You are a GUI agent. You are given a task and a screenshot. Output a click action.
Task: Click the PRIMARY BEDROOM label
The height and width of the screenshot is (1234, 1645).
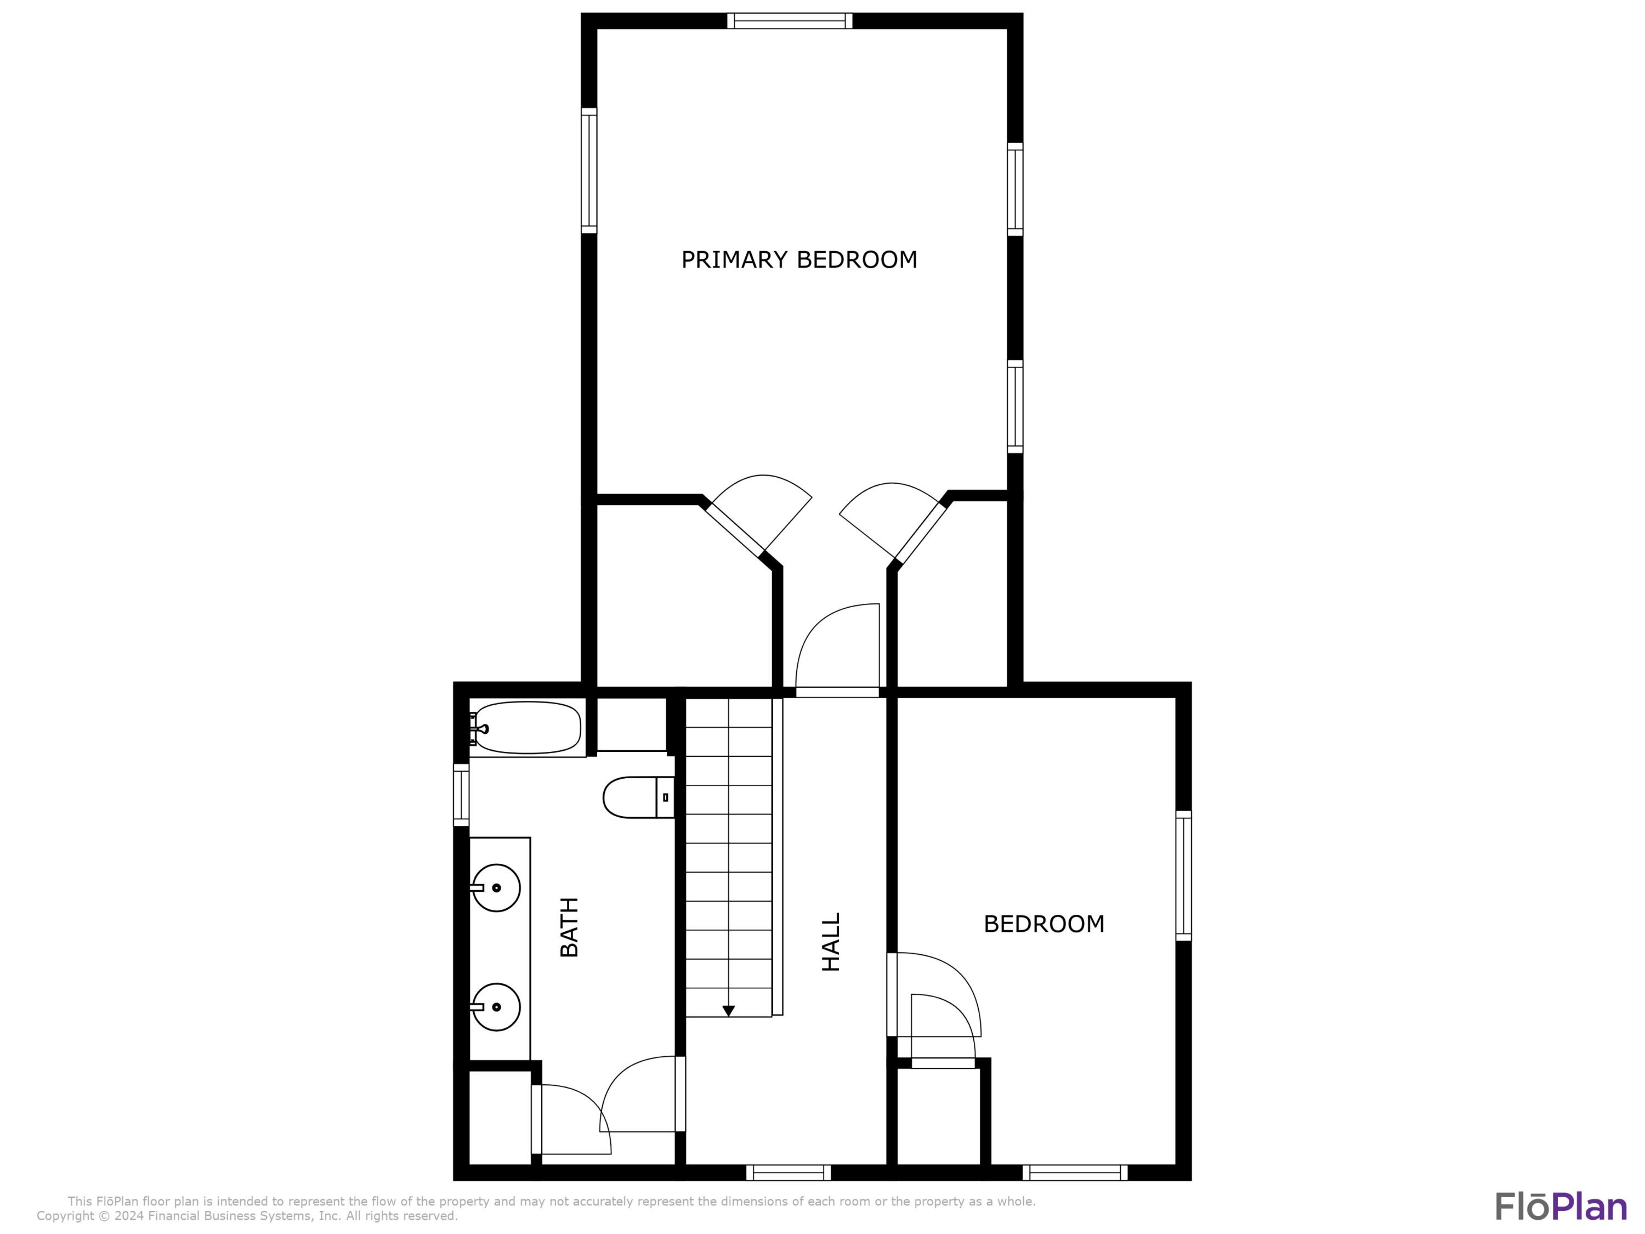799,259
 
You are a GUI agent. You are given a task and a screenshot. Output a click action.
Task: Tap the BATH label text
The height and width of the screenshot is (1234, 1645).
569,927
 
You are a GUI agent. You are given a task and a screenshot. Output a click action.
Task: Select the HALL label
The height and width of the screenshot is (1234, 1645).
831,942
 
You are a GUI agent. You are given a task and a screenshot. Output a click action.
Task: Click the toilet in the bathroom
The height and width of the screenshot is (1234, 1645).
637,797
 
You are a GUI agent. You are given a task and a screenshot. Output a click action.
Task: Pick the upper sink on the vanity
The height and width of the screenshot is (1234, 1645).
496,887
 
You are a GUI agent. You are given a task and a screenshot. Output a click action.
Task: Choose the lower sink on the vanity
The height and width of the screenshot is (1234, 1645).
496,1006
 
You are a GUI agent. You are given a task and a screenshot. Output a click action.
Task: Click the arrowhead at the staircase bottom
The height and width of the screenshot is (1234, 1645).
729,1011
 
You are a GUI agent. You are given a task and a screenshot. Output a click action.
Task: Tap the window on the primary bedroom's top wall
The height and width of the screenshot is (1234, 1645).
789,21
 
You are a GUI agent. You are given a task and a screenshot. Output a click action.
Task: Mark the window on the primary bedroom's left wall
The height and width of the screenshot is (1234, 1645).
589,171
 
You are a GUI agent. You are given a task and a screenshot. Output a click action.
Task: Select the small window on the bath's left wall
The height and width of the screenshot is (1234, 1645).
461,794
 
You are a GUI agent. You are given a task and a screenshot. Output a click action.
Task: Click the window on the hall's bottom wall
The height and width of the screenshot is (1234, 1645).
789,1173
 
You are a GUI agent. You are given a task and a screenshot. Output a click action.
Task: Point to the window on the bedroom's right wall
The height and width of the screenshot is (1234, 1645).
1183,875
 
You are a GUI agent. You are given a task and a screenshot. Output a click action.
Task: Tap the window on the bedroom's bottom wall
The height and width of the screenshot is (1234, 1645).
1075,1173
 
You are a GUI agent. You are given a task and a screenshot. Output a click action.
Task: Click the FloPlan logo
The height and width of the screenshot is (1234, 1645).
1560,1205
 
